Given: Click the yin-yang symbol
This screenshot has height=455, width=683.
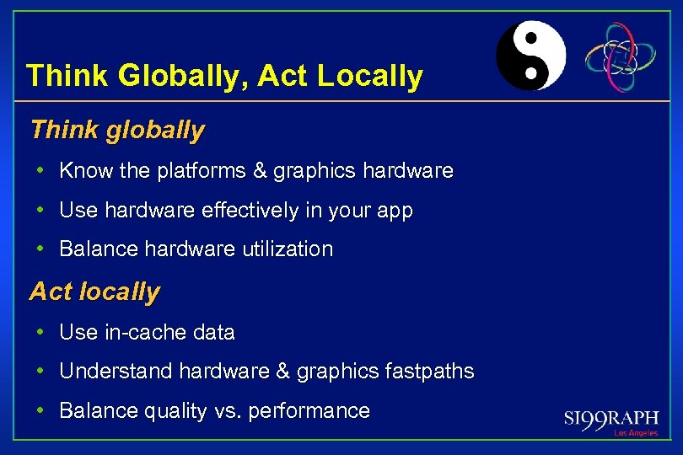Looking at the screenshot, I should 530,56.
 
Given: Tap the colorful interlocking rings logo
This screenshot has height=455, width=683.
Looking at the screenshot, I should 621,56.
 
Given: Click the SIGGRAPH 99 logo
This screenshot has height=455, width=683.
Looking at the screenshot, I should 611,418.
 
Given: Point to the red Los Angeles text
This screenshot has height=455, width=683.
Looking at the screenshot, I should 635,433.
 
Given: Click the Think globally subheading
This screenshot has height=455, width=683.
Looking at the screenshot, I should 117,130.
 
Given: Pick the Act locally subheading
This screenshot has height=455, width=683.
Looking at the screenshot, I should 94,292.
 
